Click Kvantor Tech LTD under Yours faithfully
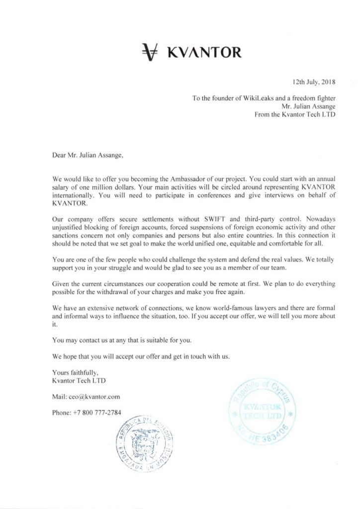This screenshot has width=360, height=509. coord(76,381)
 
